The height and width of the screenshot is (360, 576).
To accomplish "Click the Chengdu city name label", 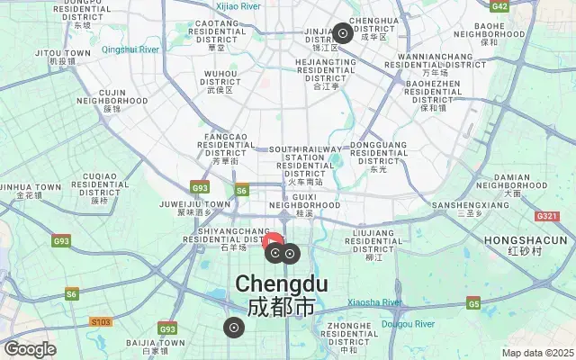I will pos(282,284).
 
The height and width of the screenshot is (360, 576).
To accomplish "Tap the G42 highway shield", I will pos(500,6).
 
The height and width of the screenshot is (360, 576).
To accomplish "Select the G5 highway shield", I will pos(473,303).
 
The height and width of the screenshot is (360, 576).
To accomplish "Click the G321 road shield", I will pos(546,216).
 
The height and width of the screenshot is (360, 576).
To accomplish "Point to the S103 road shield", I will pos(102,321).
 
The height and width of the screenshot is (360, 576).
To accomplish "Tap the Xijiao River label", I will pos(238,6).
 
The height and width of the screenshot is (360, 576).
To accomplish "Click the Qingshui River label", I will pos(130,49).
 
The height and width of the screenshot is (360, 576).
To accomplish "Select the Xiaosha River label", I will pos(374,302).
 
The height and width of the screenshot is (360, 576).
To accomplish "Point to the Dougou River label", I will pos(409,321).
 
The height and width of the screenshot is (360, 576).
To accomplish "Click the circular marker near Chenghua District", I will pos(343,34).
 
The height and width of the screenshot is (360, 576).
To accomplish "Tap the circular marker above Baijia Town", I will pos(234,328).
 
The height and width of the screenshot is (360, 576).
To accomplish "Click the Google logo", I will pos(30,349).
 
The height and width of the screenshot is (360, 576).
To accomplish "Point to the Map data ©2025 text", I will pos(537,353).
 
